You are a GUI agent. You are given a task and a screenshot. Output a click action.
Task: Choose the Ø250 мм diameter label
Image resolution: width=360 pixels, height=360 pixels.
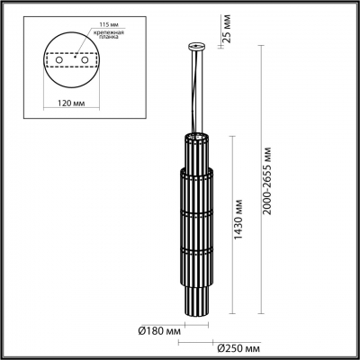[238, 346]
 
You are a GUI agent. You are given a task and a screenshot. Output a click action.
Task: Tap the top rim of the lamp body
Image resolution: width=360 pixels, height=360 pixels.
[196, 136]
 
